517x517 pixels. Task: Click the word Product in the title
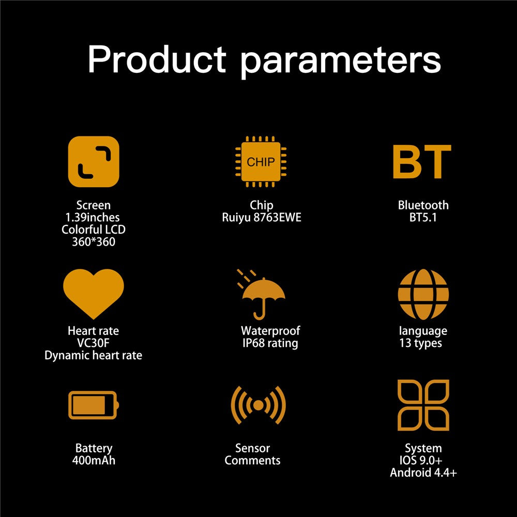click(x=157, y=59)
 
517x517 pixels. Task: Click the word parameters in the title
click(x=341, y=63)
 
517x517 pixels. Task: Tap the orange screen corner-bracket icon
click(x=94, y=161)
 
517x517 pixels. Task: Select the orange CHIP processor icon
click(x=261, y=161)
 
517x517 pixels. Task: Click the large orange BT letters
click(x=422, y=161)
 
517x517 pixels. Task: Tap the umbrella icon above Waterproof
click(x=261, y=295)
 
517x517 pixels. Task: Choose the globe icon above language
click(x=423, y=294)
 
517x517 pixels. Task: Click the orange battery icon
click(x=94, y=405)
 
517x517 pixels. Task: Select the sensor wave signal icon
click(x=258, y=405)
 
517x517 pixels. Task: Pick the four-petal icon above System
click(x=423, y=405)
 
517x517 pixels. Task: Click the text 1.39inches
click(x=93, y=218)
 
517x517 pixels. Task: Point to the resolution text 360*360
click(x=94, y=242)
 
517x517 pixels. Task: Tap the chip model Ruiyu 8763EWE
click(x=262, y=218)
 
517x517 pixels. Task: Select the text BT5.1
click(x=423, y=218)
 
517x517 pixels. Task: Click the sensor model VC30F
click(x=93, y=343)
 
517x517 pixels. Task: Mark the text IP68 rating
click(x=270, y=343)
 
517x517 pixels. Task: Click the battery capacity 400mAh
click(x=94, y=461)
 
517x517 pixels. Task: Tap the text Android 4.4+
click(x=423, y=473)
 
